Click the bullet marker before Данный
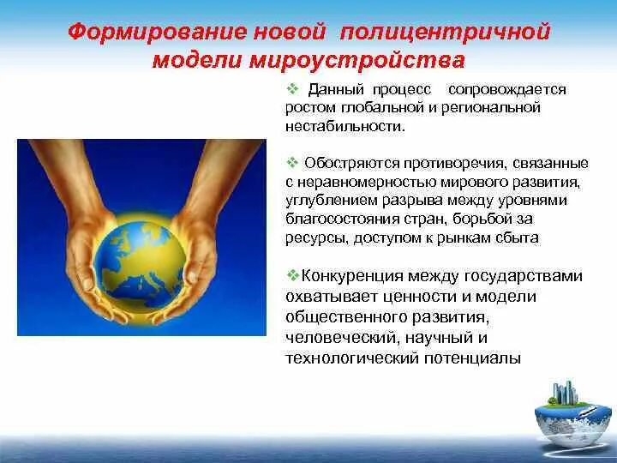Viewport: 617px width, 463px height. (292, 88)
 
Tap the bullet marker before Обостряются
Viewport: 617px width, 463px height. (292, 163)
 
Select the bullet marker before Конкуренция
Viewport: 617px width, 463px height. (292, 275)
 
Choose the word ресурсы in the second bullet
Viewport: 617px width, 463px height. (311, 238)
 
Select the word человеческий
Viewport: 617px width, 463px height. (338, 337)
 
